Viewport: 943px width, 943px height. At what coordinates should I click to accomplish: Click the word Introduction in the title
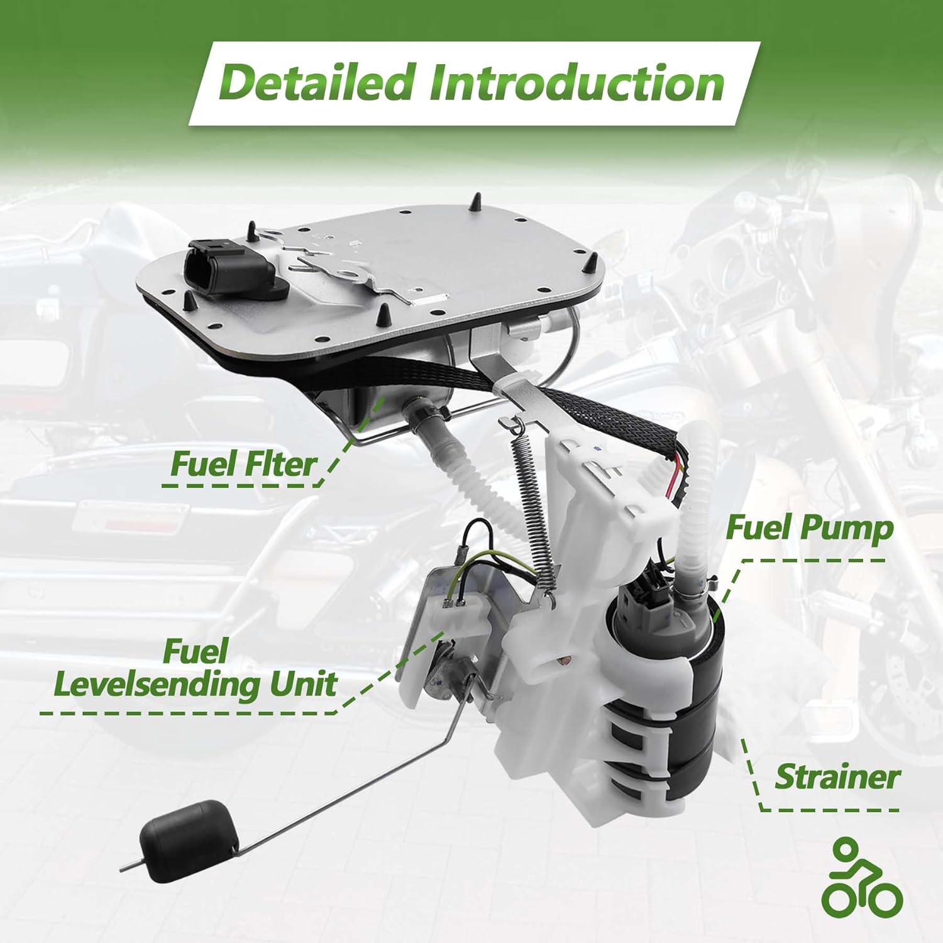click(x=576, y=83)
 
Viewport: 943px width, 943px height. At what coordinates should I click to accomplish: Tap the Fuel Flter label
click(x=243, y=465)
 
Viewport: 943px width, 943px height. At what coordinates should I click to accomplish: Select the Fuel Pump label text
click(x=809, y=528)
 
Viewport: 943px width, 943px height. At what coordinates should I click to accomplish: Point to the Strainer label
click(x=837, y=777)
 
